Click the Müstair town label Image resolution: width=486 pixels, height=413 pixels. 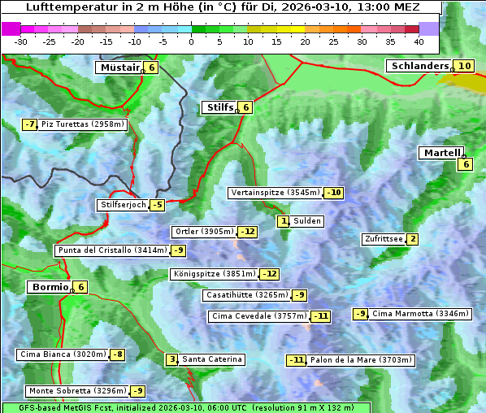pos(119,67)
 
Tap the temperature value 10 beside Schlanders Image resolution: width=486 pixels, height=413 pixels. pos(464,66)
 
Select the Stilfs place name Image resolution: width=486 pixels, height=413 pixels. pos(219,107)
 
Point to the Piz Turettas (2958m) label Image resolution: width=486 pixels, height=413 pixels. pos(83,124)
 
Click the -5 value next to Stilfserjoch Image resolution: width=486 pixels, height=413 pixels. pos(157,205)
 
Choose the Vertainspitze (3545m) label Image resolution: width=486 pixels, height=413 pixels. pos(275,193)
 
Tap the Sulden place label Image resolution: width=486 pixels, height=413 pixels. pos(307,221)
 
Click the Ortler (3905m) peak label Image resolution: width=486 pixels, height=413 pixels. pos(204,232)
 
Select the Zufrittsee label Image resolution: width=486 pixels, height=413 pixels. pos(383,239)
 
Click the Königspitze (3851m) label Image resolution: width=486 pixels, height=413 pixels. pos(214,274)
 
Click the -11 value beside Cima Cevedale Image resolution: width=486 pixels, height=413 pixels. pos(321,316)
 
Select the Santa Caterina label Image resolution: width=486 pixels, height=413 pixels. pos(211,359)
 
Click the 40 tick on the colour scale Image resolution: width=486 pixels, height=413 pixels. pos(419,41)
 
